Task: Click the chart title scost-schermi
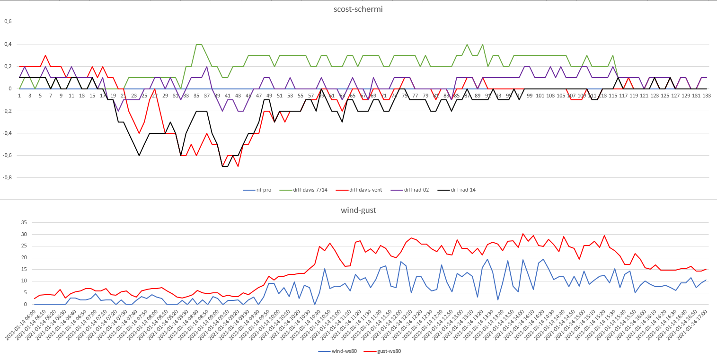click(358, 9)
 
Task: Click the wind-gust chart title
click(358, 210)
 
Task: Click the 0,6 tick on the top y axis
click(8, 22)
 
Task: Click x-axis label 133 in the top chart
click(706, 96)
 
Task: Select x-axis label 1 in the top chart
click(19, 96)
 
